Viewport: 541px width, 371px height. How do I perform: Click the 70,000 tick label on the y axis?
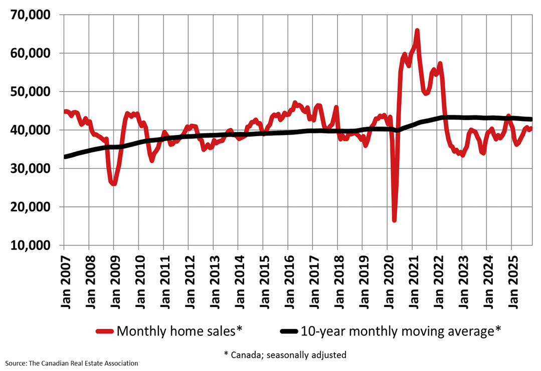[x=31, y=15]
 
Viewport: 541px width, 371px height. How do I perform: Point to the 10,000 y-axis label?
[x=31, y=245]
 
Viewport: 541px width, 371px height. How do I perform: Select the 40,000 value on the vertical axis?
[x=31, y=130]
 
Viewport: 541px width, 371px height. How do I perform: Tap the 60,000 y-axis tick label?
[x=31, y=53]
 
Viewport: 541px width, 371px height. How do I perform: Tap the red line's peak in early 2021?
[x=417, y=31]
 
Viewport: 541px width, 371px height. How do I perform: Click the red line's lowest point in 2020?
[x=395, y=219]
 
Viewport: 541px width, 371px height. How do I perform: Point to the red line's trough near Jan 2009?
[x=114, y=183]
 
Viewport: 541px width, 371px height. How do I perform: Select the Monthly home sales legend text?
[x=179, y=331]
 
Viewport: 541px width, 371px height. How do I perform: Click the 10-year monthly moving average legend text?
[x=401, y=331]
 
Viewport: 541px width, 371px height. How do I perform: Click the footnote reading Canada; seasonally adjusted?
[x=285, y=354]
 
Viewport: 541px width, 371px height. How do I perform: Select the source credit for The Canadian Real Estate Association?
[x=72, y=363]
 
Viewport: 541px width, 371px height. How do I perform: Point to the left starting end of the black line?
[x=65, y=157]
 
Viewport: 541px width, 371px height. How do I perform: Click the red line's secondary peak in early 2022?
[x=440, y=64]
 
